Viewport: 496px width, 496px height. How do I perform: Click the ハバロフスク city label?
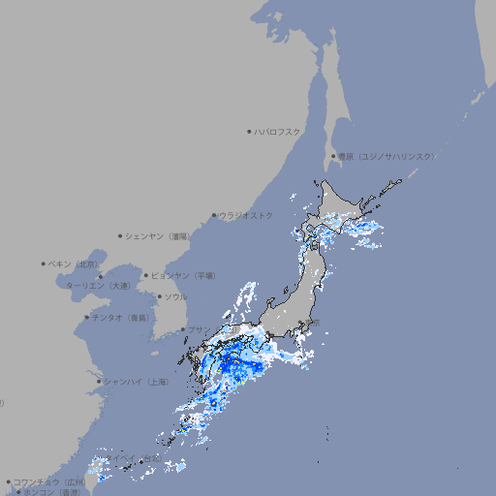click(278, 131)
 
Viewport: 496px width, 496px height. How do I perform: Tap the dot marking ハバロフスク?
click(249, 131)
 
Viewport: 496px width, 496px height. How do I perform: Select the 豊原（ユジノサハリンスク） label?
click(387, 156)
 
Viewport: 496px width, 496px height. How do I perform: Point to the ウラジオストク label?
click(246, 215)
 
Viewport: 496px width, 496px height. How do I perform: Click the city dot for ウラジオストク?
click(214, 215)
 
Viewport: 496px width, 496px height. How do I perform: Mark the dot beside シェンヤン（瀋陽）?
click(121, 235)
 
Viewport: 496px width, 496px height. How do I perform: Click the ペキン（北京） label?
click(75, 263)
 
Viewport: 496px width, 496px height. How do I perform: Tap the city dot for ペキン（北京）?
click(44, 263)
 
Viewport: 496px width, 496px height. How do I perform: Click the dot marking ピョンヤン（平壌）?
click(147, 275)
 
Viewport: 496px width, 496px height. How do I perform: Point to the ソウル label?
click(175, 296)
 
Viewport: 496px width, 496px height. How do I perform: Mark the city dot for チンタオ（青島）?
click(87, 317)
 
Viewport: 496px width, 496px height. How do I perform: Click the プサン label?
click(198, 329)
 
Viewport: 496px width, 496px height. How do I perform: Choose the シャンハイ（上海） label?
click(136, 382)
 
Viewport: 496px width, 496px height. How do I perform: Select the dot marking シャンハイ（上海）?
click(99, 382)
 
